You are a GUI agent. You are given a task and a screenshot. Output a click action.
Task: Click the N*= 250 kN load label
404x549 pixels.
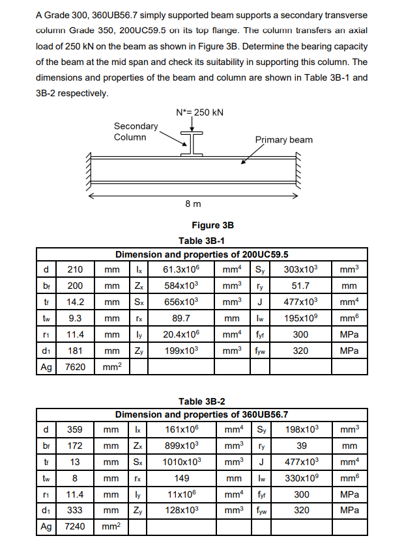[200, 112]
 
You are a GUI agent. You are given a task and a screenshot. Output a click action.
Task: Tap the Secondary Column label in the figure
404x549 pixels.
[136, 131]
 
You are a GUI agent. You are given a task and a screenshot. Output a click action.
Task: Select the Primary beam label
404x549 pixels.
[283, 140]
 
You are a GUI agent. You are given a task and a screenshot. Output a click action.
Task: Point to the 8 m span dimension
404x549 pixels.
[194, 204]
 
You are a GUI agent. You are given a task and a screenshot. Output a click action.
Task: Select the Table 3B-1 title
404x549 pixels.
[202, 241]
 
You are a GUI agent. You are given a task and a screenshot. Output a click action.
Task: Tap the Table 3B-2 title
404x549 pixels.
[202, 401]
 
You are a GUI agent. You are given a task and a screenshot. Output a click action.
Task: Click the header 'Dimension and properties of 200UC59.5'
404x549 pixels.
[202, 254]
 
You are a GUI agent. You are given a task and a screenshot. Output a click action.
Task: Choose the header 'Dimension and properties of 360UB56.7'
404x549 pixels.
[202, 414]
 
